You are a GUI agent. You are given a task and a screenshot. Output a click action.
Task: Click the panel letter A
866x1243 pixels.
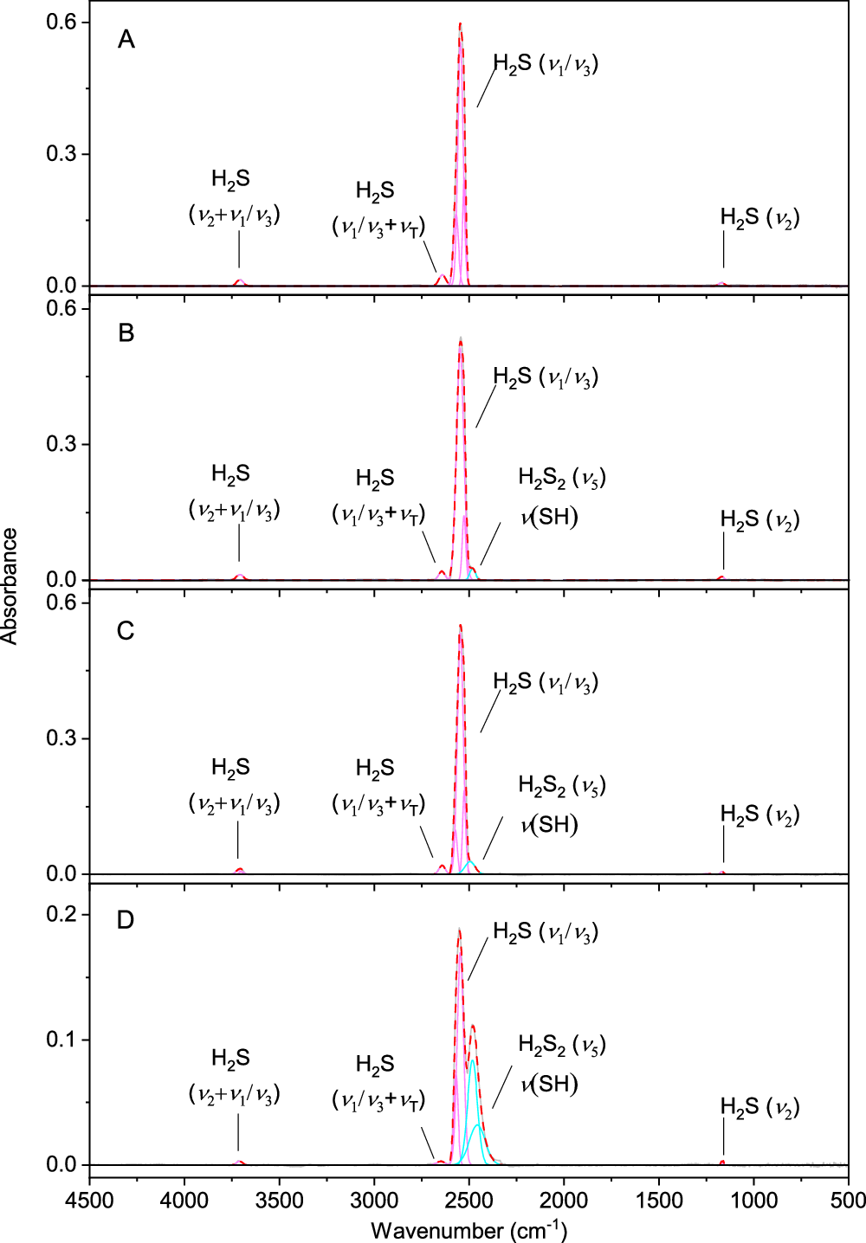pyautogui.click(x=126, y=40)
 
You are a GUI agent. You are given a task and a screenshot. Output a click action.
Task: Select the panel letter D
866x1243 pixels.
pyautogui.click(x=126, y=919)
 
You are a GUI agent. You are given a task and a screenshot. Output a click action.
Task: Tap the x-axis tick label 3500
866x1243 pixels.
pyautogui.click(x=279, y=1201)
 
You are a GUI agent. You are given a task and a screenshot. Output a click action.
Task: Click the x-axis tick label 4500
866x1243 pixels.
pyautogui.click(x=89, y=1201)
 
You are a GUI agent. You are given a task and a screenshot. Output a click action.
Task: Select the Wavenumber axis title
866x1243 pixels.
pyautogui.click(x=469, y=1229)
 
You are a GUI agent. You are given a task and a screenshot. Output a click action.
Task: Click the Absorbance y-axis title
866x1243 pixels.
pyautogui.click(x=10, y=585)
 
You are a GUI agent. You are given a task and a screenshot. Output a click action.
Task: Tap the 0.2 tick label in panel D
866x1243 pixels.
pyautogui.click(x=61, y=914)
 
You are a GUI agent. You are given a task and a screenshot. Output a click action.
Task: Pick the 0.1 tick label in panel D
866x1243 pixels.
pyautogui.click(x=61, y=1039)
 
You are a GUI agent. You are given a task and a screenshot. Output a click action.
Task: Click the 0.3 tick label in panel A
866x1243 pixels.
pyautogui.click(x=61, y=154)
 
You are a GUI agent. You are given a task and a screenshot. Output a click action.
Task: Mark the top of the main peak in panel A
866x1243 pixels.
pyautogui.click(x=460, y=23)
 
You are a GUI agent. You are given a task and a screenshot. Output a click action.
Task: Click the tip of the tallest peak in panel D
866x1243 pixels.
pyautogui.click(x=459, y=930)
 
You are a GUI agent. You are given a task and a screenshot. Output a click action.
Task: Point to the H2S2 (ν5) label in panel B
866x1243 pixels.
pyautogui.click(x=561, y=478)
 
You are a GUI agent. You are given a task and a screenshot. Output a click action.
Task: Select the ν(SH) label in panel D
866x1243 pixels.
pyautogui.click(x=549, y=1084)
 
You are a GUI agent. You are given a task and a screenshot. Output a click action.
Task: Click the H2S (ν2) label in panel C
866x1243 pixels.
pyautogui.click(x=759, y=815)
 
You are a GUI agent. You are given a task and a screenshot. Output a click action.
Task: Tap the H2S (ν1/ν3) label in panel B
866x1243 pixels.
pyautogui.click(x=546, y=377)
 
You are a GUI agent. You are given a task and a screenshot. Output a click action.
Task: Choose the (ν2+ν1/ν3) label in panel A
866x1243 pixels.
pyautogui.click(x=234, y=215)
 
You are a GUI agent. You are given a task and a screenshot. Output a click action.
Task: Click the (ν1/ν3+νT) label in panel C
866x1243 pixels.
pyautogui.click(x=378, y=804)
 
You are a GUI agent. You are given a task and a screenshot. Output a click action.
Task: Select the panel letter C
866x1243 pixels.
pyautogui.click(x=126, y=631)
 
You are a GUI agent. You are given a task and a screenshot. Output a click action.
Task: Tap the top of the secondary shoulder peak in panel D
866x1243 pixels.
pyautogui.click(x=473, y=1027)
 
